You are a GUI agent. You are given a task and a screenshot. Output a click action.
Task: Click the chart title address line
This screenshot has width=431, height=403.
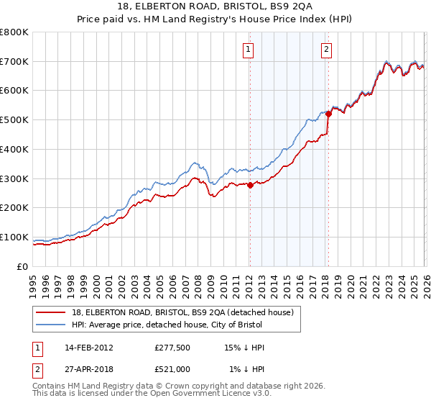click(x=215, y=6)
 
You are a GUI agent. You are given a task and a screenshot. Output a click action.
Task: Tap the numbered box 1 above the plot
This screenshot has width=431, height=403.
click(x=248, y=50)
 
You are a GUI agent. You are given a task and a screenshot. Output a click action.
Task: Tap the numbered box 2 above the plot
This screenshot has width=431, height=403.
click(x=326, y=50)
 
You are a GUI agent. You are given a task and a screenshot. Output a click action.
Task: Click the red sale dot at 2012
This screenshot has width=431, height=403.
click(x=250, y=185)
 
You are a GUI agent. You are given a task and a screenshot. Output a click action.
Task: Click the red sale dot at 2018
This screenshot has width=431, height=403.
click(x=328, y=114)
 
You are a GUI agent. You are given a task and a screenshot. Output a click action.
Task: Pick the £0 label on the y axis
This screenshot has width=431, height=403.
click(x=23, y=267)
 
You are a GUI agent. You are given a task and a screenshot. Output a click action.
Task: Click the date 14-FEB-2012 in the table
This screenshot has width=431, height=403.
click(x=88, y=348)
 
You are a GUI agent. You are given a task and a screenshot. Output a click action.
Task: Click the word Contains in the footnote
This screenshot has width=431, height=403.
click(x=50, y=386)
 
